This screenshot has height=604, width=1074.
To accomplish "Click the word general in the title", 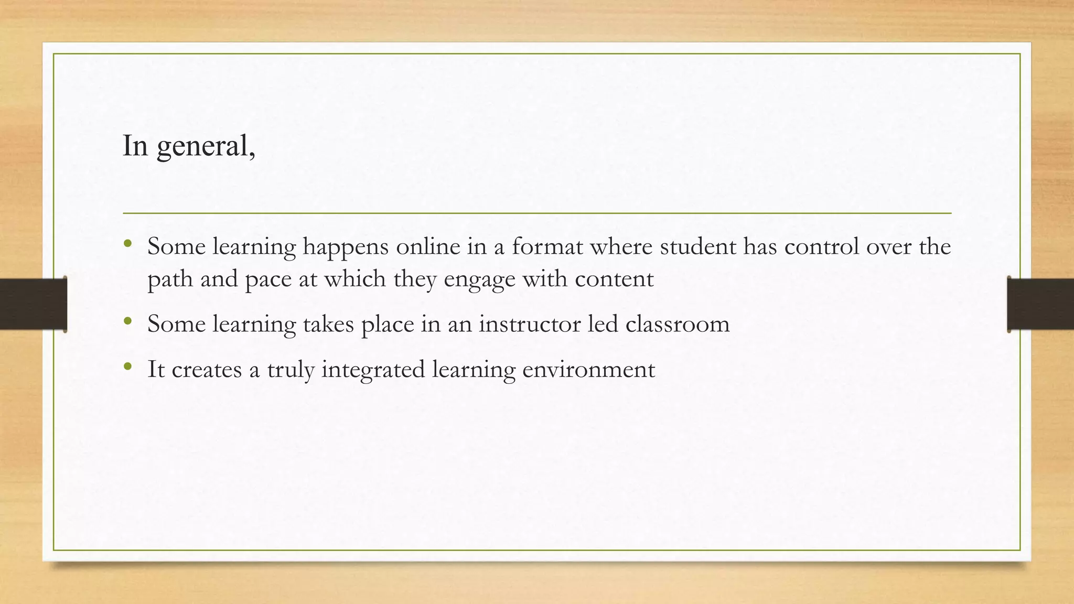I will coord(206,146).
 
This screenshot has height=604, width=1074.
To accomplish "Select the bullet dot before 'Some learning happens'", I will coord(127,244).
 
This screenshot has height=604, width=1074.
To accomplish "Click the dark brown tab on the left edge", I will coord(33,304).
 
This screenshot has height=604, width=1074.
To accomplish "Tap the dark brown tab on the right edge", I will coord(1040,304).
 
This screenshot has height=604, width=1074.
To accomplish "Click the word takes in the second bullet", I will coord(328,323).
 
